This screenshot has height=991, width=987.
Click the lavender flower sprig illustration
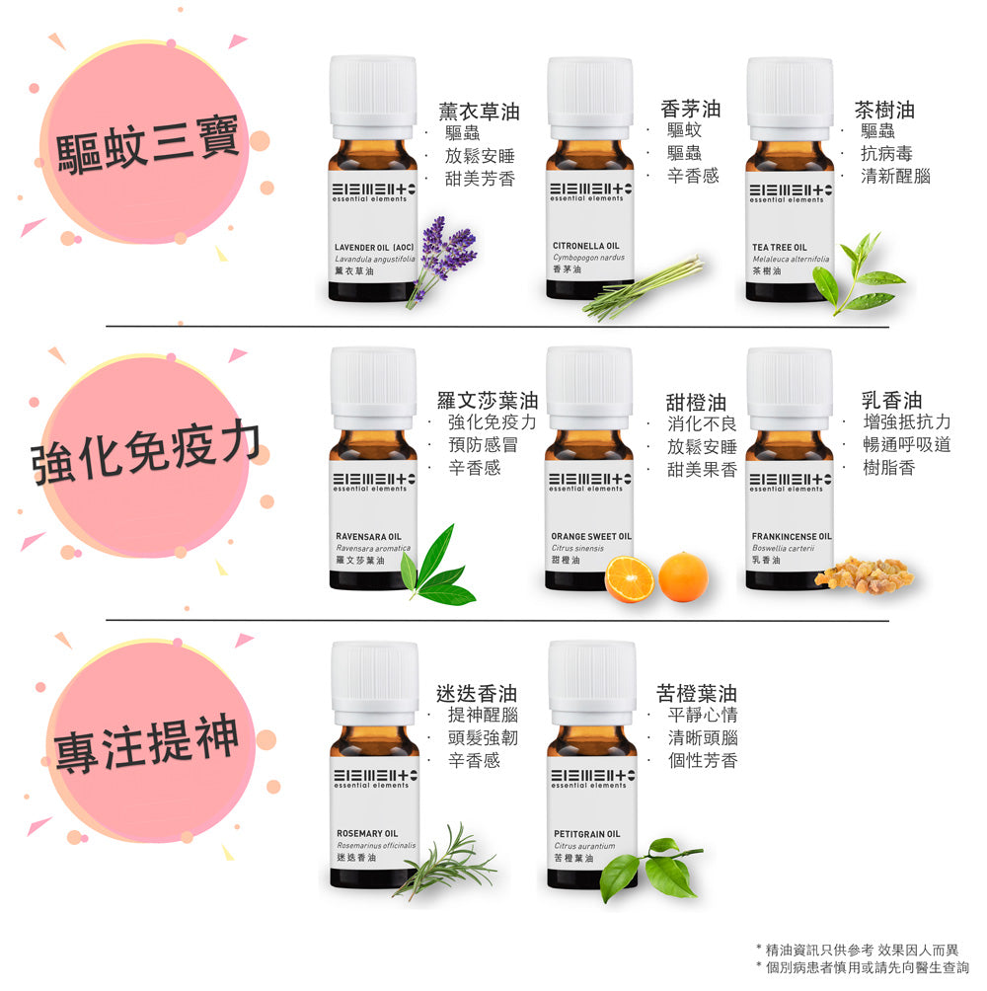[x=444, y=257]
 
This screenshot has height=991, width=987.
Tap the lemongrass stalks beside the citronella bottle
[x=643, y=287]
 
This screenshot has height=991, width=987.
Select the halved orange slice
[x=629, y=578]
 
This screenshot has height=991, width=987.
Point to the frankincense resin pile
[x=864, y=574]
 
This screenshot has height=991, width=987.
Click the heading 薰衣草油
[x=479, y=112]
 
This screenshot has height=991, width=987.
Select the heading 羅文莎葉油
[x=488, y=400]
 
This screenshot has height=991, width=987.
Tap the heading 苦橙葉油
[x=696, y=693]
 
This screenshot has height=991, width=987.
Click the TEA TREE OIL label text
[x=779, y=247]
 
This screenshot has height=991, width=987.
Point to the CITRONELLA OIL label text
[x=586, y=245]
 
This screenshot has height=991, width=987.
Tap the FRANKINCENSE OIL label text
[x=792, y=536]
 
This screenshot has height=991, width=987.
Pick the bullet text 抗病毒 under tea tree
[x=886, y=154]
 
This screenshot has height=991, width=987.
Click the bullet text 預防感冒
[x=483, y=445]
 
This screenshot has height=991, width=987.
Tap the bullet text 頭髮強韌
[x=483, y=738]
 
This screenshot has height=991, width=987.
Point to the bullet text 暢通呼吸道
[x=906, y=445]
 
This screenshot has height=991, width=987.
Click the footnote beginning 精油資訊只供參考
[x=867, y=950]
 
